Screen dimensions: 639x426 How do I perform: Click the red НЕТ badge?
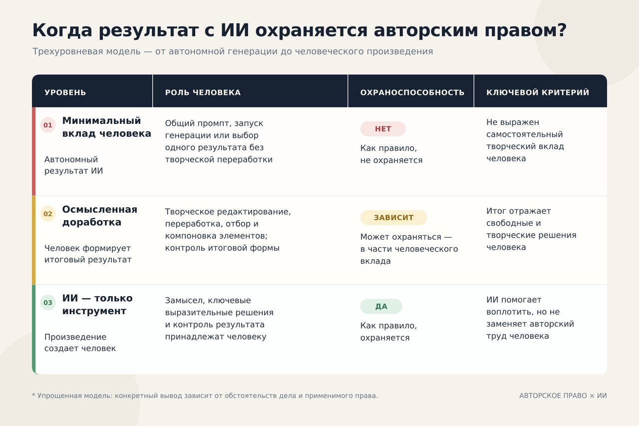pos(383,129)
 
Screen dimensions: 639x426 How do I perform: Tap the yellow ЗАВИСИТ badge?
pos(393,217)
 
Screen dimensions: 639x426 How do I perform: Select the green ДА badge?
pos(381,306)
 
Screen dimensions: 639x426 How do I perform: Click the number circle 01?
pos(47,125)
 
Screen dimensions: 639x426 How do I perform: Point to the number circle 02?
pos(47,214)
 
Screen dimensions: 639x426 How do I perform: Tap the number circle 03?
pos(47,303)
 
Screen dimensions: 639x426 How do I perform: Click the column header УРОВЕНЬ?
pos(65,92)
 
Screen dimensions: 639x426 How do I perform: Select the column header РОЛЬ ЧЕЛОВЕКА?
pos(203,92)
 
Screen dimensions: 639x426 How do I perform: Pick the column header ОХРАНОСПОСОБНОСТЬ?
pos(412,92)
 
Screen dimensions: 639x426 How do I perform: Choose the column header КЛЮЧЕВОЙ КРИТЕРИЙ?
pos(538,92)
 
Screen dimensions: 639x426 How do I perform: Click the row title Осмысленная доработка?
pos(99,216)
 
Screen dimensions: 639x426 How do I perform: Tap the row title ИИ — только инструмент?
pos(97,305)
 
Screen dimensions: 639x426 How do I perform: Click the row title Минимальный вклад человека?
pos(107,127)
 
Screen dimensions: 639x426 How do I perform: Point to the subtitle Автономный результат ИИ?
pos(73,165)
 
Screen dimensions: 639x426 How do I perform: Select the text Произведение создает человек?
pos(80,343)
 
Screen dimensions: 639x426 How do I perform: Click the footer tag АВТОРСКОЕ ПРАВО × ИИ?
pos(563,396)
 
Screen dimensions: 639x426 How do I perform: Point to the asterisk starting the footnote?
pos(33,395)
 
